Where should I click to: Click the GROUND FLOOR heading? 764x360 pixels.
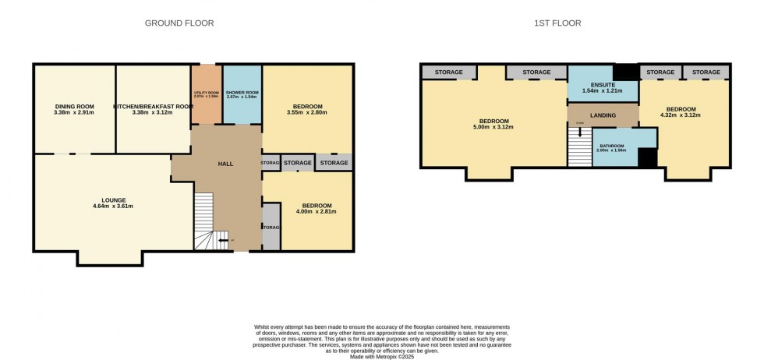pos(179,23)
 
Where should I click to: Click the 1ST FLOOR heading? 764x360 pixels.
pos(559,23)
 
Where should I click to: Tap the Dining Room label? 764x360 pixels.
pos(75,106)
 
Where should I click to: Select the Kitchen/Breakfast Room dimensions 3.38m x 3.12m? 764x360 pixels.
pos(153,113)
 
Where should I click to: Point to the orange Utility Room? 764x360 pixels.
pos(207,95)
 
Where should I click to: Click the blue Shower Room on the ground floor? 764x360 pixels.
pos(242,95)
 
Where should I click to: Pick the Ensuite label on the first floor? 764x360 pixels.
pos(603,84)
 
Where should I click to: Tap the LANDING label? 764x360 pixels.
pos(603,115)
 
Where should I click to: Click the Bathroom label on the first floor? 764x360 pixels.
pos(611,145)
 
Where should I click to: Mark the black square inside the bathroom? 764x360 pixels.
pos(647,157)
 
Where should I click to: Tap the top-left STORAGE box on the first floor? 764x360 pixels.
pos(448,72)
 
